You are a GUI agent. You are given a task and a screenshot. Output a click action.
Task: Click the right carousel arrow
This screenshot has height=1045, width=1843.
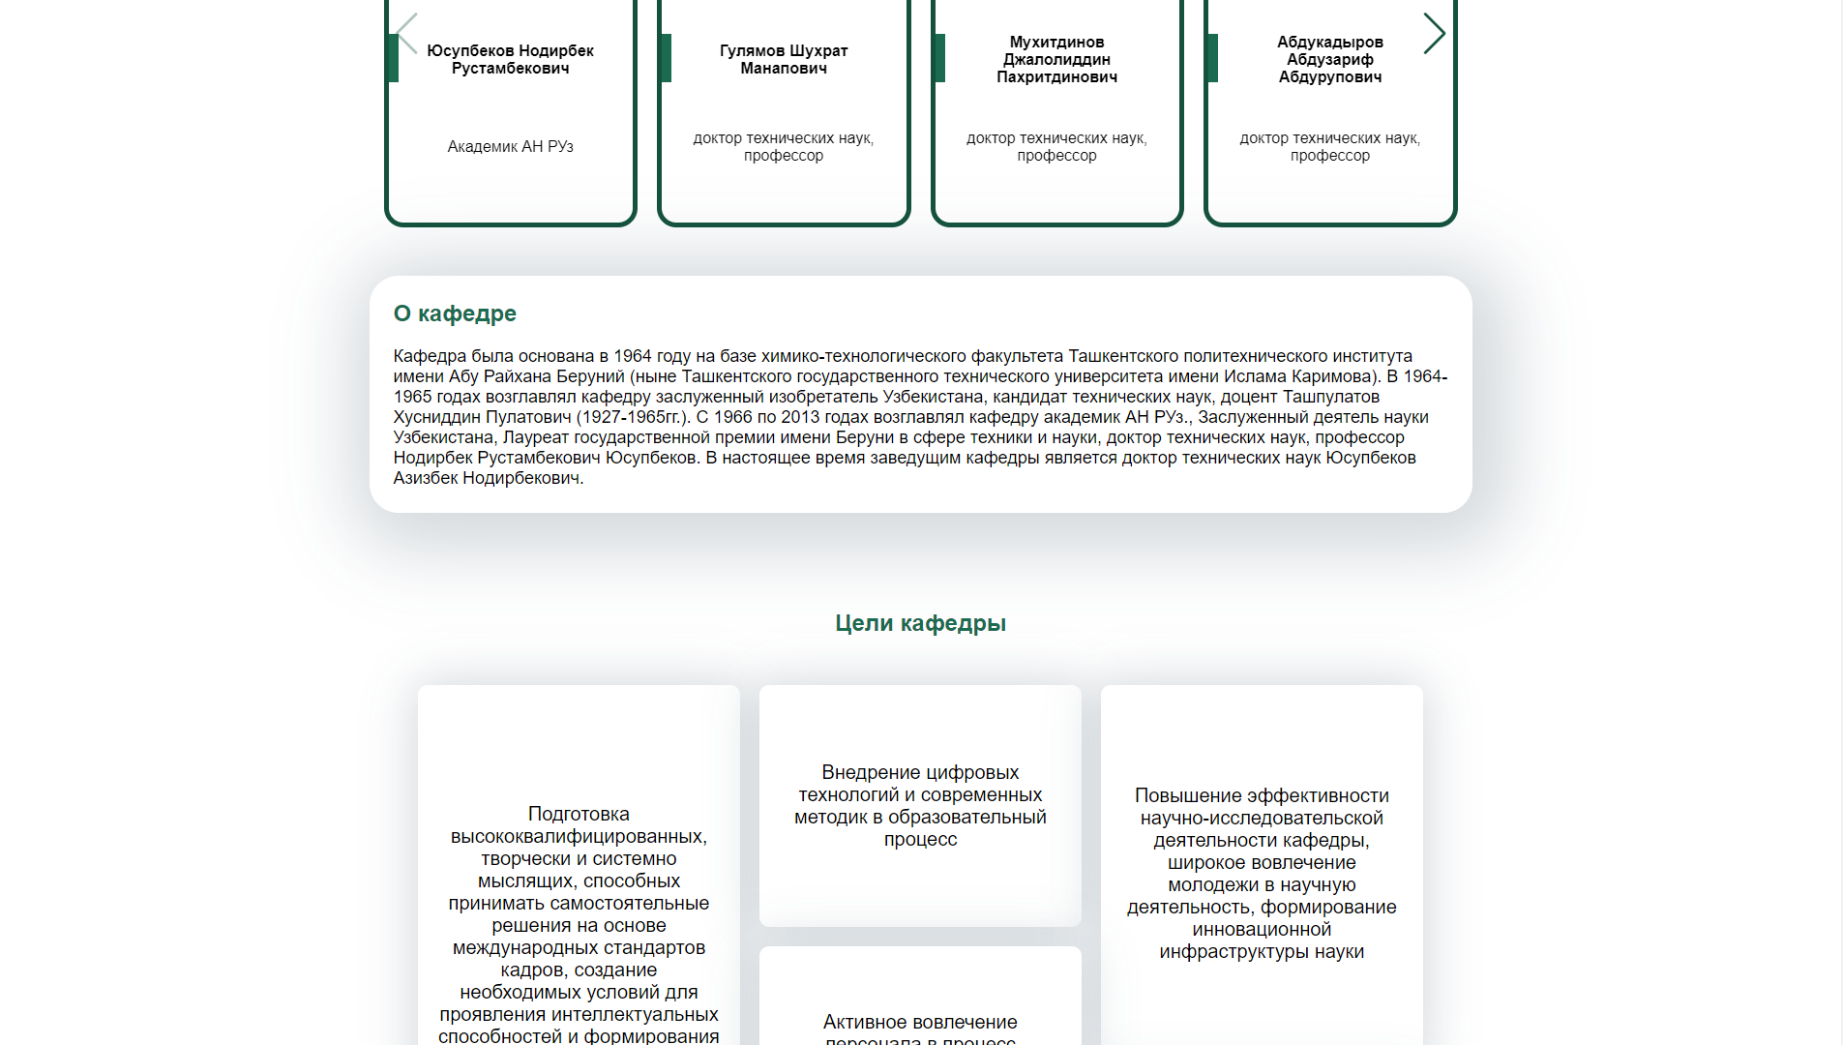coord(1434,34)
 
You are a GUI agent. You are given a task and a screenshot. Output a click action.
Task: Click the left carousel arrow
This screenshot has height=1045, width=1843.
coord(407,34)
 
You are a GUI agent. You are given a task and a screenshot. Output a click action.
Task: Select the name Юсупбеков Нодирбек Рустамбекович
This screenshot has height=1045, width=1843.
coord(510,59)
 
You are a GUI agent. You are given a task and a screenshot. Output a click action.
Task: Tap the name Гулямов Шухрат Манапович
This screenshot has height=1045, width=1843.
coord(784,59)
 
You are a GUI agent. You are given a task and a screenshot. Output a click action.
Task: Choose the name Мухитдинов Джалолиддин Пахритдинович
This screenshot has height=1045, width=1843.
coord(1056,59)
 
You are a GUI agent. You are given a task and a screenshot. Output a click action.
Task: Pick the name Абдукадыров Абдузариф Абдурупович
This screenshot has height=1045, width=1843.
coord(1329,59)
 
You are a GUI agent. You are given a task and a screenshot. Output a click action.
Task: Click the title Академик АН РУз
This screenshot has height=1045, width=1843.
coord(510,146)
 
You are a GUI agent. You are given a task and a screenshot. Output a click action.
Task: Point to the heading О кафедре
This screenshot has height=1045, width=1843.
coord(455,313)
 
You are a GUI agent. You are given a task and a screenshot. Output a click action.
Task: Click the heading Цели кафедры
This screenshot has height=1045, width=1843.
coord(920,623)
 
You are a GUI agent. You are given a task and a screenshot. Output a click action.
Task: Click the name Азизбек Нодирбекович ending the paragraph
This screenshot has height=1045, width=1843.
coord(487,478)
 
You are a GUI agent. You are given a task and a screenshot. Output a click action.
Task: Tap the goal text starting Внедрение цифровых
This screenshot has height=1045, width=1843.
coord(920,805)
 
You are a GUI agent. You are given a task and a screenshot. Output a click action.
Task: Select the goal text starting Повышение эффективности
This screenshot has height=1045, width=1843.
coord(1262,873)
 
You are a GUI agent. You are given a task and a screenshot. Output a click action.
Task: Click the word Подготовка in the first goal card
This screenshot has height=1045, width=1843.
coord(579,814)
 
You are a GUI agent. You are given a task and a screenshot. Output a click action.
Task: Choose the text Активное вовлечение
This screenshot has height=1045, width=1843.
coord(920,1022)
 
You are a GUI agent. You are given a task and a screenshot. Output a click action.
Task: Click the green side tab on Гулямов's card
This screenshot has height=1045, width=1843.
coord(666,58)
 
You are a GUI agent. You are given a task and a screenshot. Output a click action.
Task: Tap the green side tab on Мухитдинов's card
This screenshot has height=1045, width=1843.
coord(939,58)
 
